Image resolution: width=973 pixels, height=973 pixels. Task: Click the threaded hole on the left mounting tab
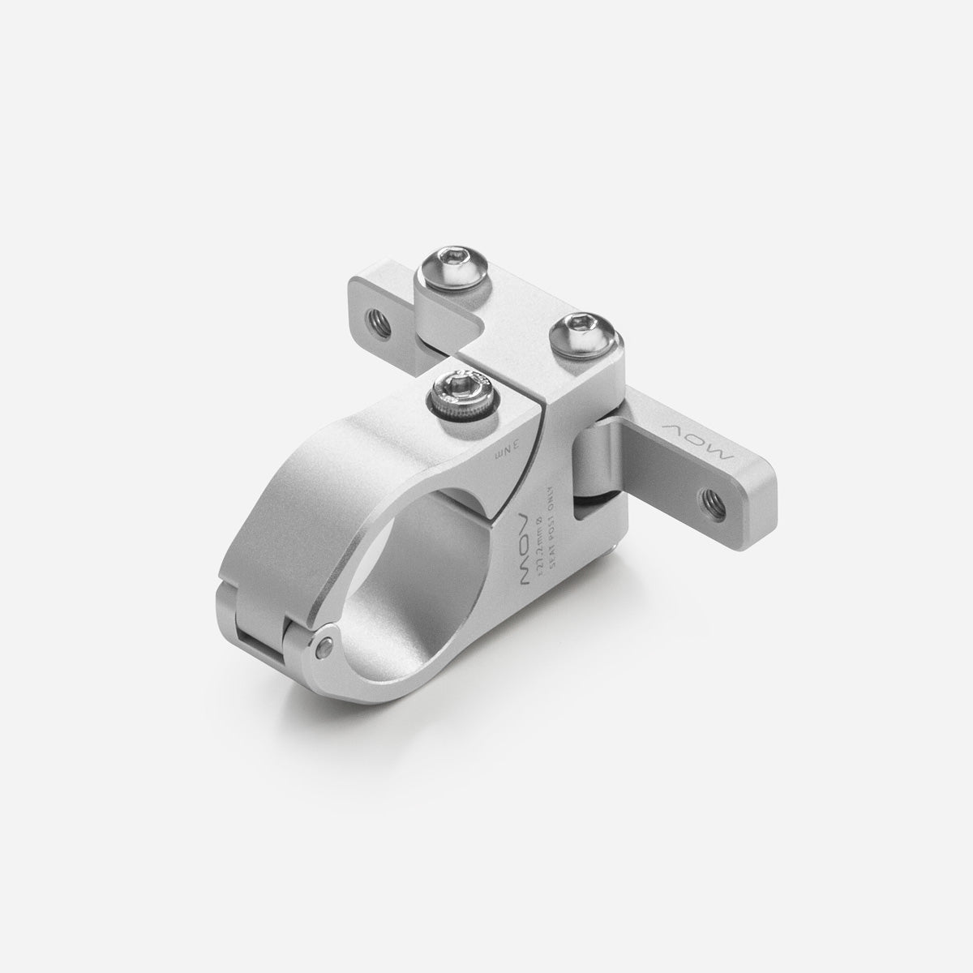pyautogui.click(x=377, y=313)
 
